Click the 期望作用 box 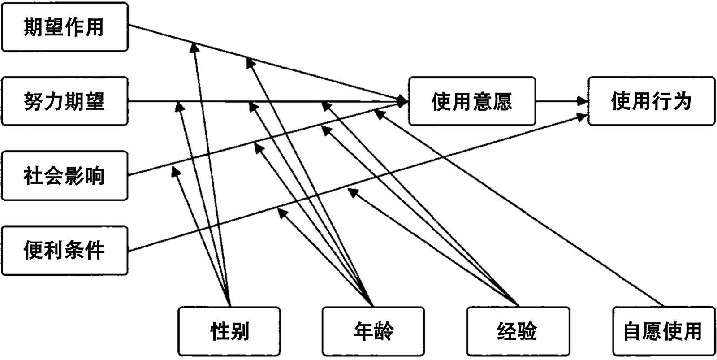(x=65, y=27)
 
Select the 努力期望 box (x=65, y=101)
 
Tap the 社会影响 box (x=65, y=175)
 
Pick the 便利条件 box (x=65, y=250)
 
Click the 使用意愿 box (x=471, y=101)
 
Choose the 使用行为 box (x=651, y=101)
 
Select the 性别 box (x=229, y=331)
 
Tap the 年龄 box (x=373, y=331)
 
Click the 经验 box (x=518, y=331)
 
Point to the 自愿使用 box (x=663, y=331)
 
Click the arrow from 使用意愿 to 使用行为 (x=561, y=101)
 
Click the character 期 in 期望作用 (x=34, y=27)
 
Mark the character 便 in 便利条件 (x=34, y=250)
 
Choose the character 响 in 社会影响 (x=95, y=175)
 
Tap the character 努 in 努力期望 (x=34, y=101)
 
